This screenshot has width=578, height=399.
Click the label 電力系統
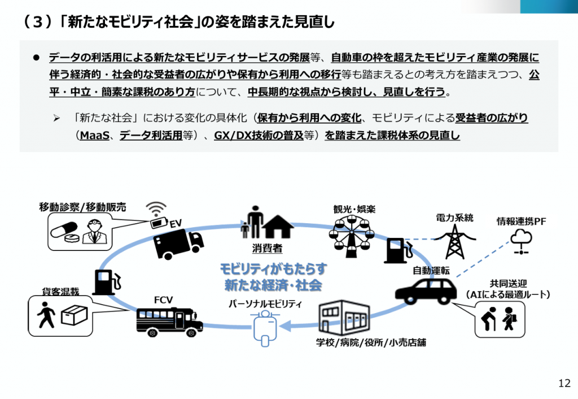pos(454,218)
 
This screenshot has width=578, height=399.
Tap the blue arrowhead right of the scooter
pos(286,326)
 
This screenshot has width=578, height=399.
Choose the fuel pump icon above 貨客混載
pos(106,281)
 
